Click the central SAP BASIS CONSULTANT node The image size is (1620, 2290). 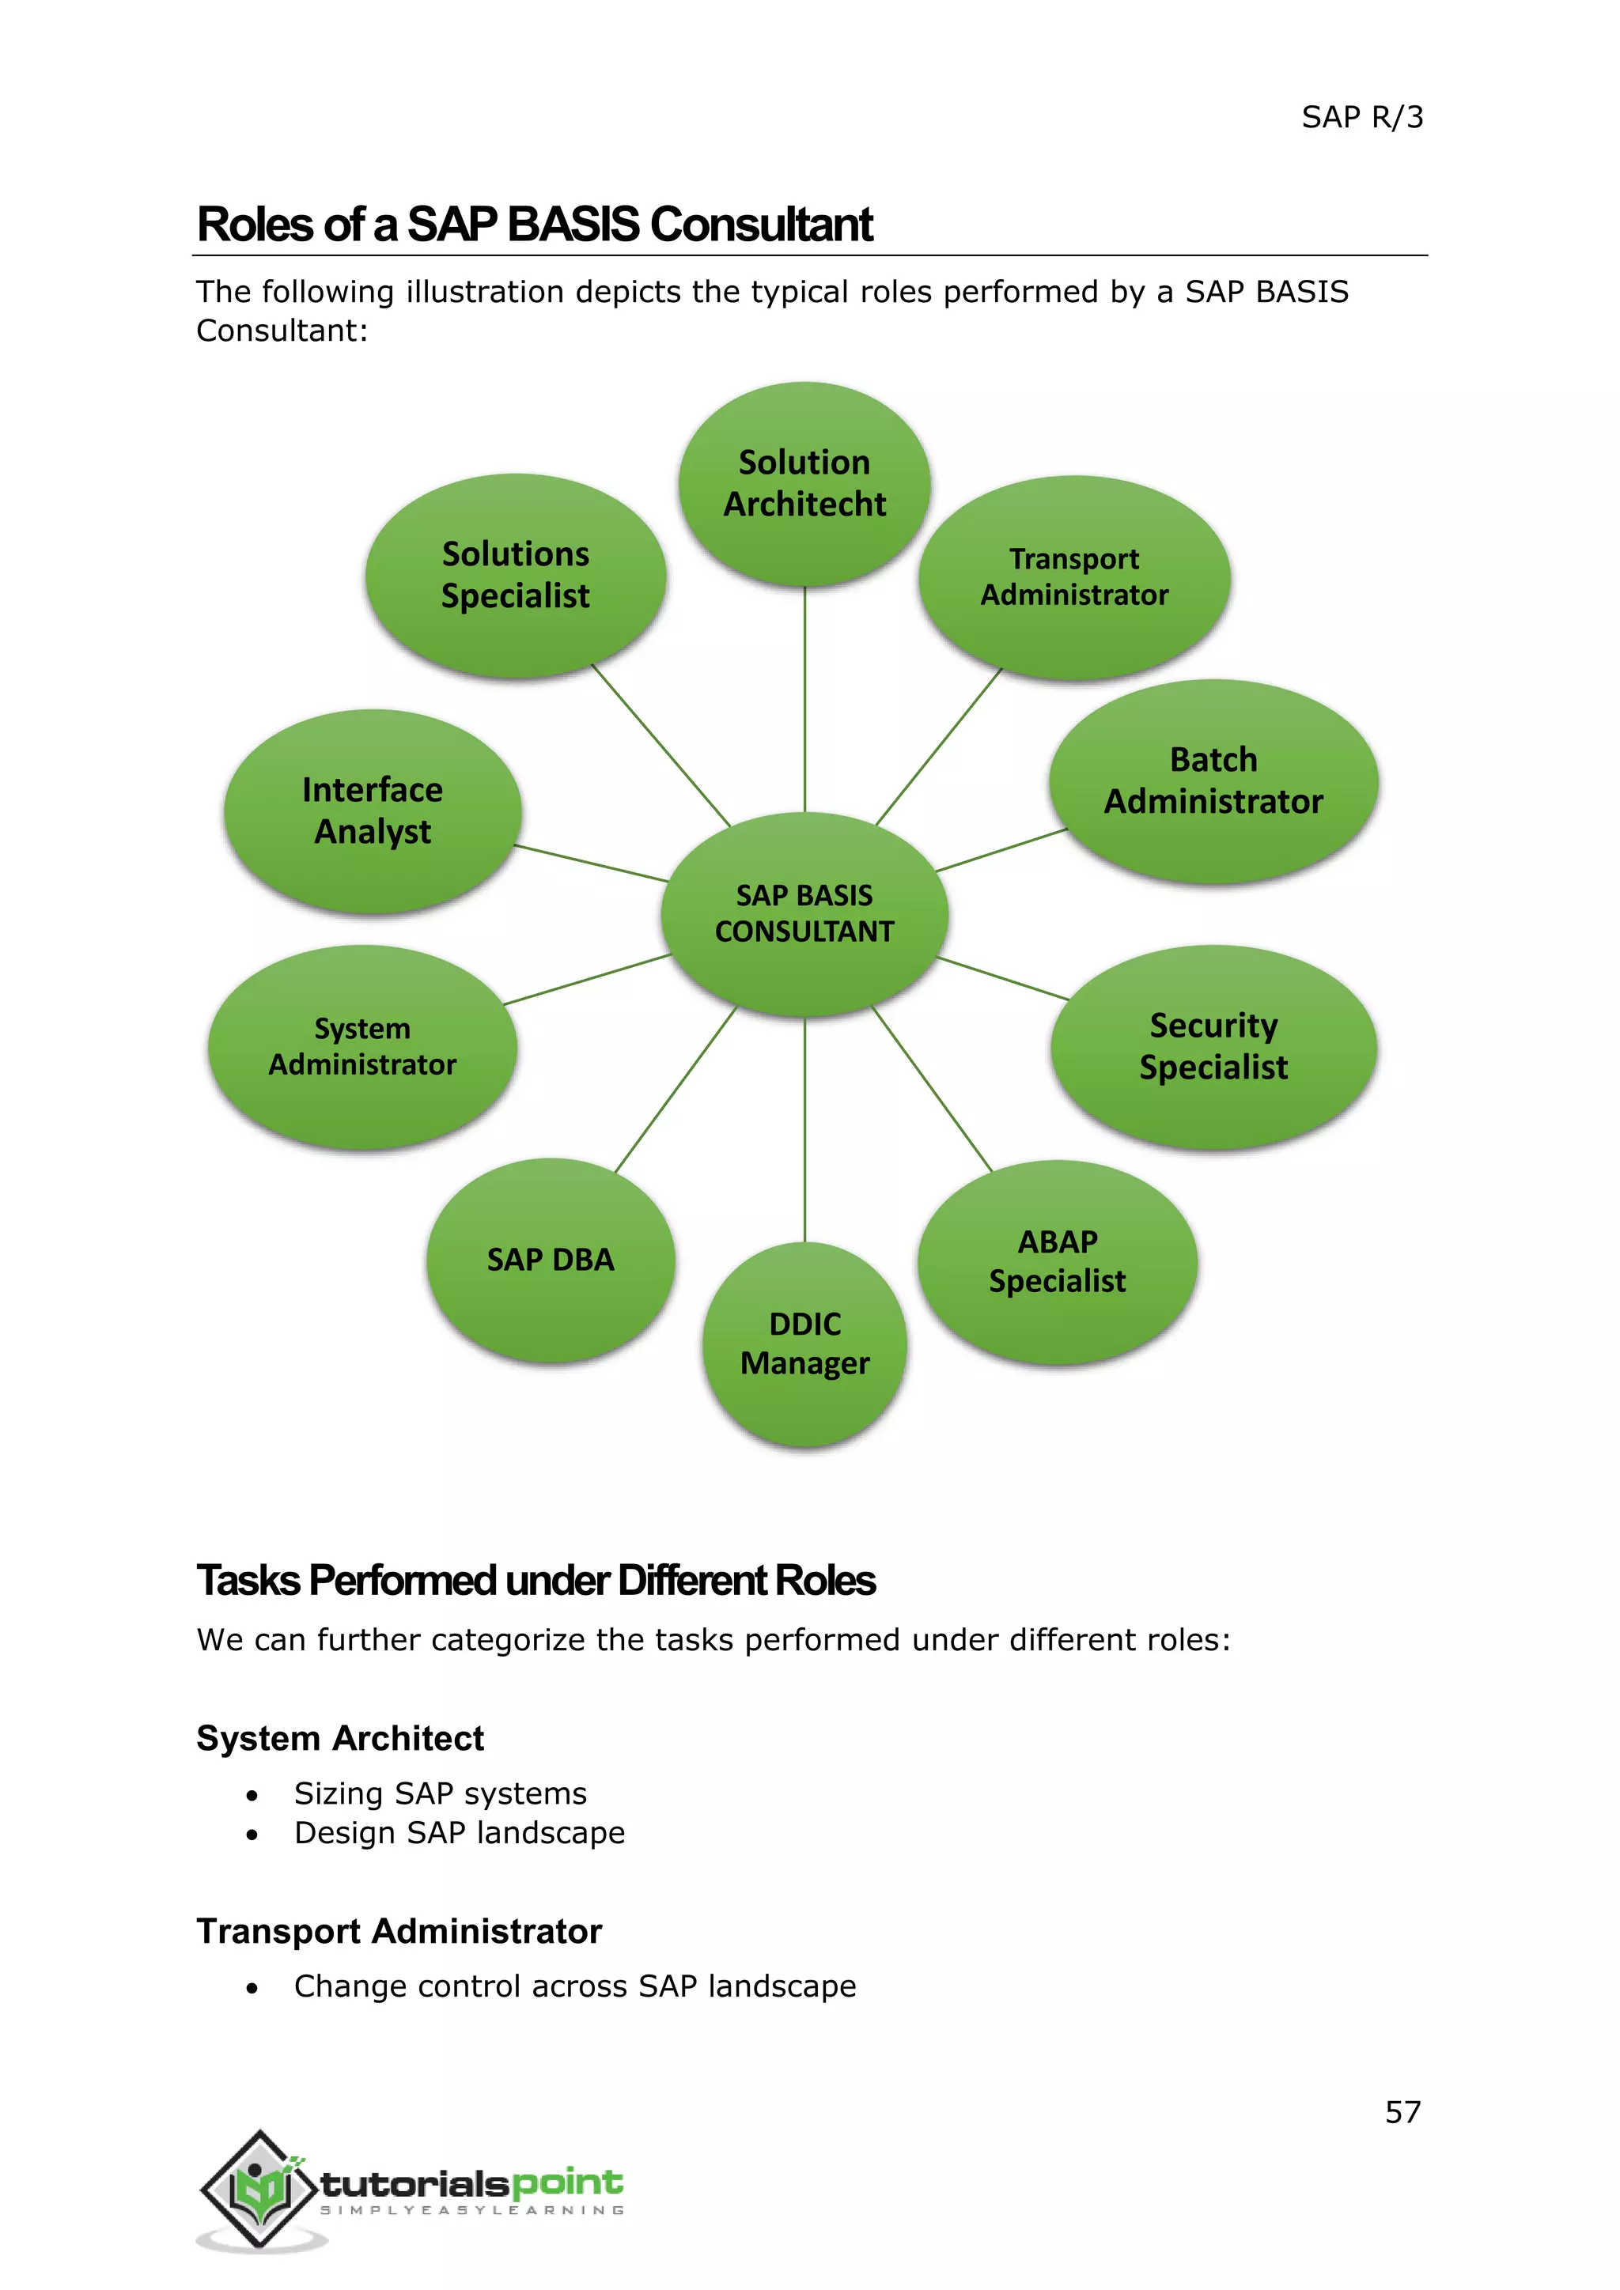click(x=804, y=913)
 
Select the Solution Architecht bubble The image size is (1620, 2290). click(x=804, y=484)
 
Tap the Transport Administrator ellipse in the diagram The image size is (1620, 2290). click(x=1074, y=577)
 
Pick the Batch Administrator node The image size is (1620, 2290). click(x=1213, y=781)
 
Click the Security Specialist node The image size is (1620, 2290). click(x=1213, y=1046)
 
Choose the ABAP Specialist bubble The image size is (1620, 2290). click(x=1058, y=1262)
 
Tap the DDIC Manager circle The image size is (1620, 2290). click(x=804, y=1343)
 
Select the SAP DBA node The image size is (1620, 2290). click(x=551, y=1260)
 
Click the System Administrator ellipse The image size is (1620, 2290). click(x=362, y=1047)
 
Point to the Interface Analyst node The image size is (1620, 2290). click(x=372, y=811)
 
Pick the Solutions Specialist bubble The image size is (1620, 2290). click(x=516, y=576)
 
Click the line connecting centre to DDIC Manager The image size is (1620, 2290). click(x=804, y=1127)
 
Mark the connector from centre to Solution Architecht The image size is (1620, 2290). click(x=804, y=698)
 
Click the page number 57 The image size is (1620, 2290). click(x=1402, y=2111)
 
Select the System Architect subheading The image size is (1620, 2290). click(x=340, y=1738)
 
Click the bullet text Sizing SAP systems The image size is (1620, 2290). click(x=440, y=1793)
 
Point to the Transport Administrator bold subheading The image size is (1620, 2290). click(x=399, y=1931)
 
